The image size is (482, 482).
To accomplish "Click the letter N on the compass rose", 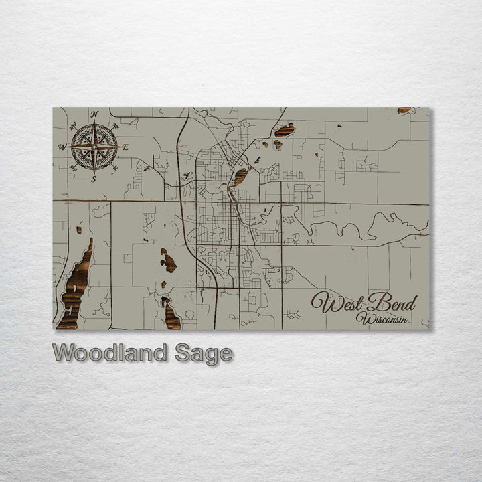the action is coord(94,114).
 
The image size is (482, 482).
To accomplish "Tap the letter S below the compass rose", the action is coord(94,179).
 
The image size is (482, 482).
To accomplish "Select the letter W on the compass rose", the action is coord(62,147).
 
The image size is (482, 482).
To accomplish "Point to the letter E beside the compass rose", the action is coord(125,147).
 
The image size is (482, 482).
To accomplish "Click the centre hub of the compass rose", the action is coord(94,146).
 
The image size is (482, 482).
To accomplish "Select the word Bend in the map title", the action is coord(393,303).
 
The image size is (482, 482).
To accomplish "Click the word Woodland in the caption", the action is coord(111,353).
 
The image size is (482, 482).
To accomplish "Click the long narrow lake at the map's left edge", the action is coord(75,288).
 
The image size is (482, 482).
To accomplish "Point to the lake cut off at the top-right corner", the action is coord(404,110).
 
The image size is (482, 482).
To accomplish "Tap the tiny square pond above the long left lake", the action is coord(79,230).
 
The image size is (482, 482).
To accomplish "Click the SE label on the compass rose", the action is coord(114,167).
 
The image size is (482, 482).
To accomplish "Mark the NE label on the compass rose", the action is coord(115,125).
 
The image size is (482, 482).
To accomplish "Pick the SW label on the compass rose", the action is coord(73,168).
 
